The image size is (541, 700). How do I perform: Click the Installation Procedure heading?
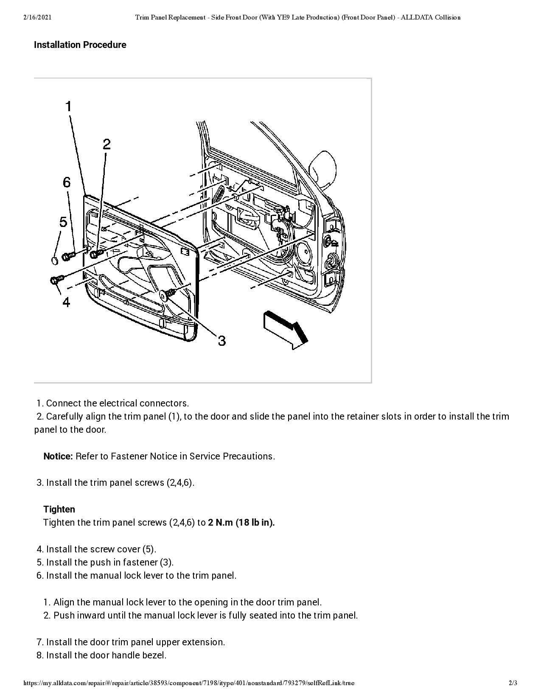[80, 45]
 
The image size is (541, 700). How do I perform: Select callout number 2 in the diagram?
[107, 144]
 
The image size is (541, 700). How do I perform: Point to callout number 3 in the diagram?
[221, 340]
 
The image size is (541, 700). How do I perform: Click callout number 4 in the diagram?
[66, 302]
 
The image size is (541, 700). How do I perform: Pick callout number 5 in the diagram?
[63, 222]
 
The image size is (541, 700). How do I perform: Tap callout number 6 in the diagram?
[67, 182]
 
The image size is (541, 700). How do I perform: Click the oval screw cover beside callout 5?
[54, 260]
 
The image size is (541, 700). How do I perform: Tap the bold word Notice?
[58, 456]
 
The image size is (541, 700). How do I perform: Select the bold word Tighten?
[59, 510]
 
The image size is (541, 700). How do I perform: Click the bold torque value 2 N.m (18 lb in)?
[241, 523]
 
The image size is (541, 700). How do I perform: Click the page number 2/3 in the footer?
[513, 683]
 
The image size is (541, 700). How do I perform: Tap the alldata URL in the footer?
[189, 683]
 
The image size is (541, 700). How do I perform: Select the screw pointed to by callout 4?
[57, 280]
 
